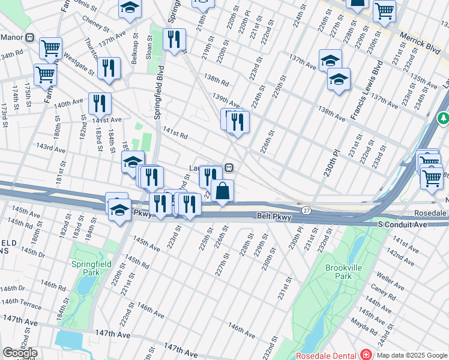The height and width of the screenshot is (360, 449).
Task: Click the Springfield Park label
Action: click(91, 268)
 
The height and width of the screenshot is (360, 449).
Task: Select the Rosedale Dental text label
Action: click(326, 355)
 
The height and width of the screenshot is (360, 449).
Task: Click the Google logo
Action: click(20, 353)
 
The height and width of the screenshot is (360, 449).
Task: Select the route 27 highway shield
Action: click(306, 209)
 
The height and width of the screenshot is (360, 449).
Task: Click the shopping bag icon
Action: click(222, 191)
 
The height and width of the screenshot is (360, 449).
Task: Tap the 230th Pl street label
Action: click(329, 162)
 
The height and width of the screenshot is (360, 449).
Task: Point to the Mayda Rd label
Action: click(364, 325)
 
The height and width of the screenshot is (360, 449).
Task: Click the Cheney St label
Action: click(96, 28)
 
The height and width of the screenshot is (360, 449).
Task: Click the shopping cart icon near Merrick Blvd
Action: click(384, 10)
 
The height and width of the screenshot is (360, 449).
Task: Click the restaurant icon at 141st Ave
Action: click(100, 104)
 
